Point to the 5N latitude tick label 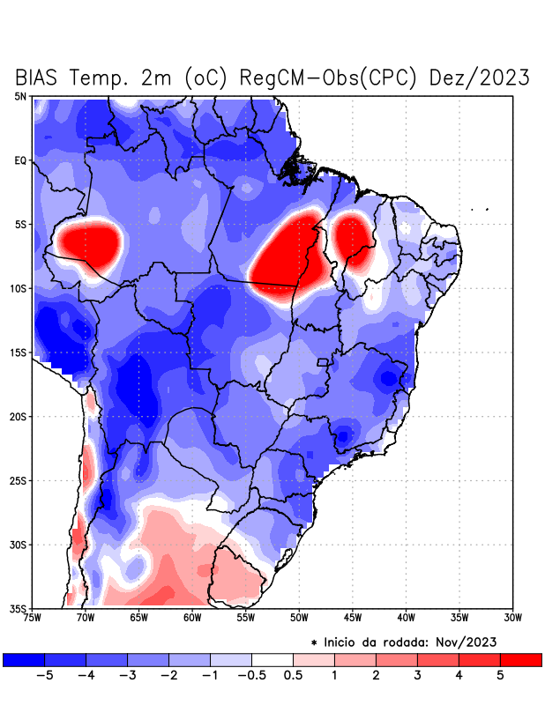[20, 96]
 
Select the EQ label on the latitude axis [20, 160]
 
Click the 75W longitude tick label [32, 617]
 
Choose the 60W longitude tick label [192, 617]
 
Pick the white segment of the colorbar [272, 659]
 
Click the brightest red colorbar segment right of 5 [521, 659]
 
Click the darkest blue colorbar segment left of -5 [23, 659]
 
